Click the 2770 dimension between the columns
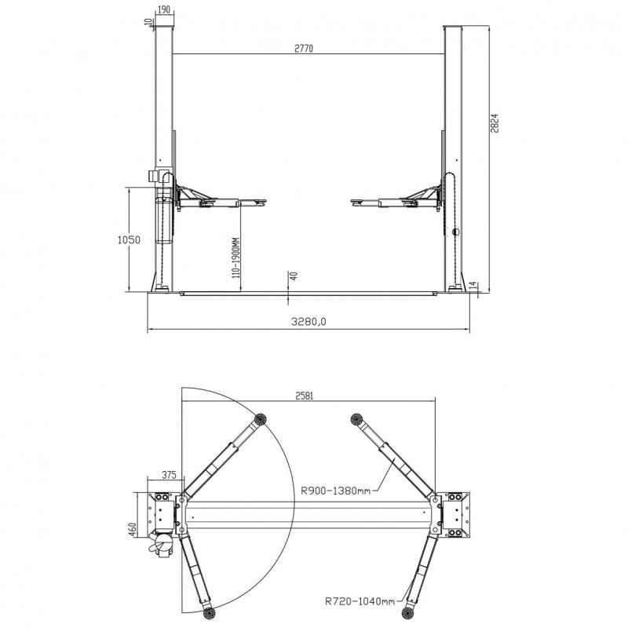coord(304,49)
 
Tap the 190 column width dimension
coord(164,9)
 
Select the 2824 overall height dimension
coord(495,123)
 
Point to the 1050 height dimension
coord(129,240)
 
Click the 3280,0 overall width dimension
coord(309,321)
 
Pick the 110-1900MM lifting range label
coord(235,257)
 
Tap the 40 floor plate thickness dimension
coord(294,276)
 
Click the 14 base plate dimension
coord(473,285)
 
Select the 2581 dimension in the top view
coord(305,396)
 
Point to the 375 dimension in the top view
coord(169,475)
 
